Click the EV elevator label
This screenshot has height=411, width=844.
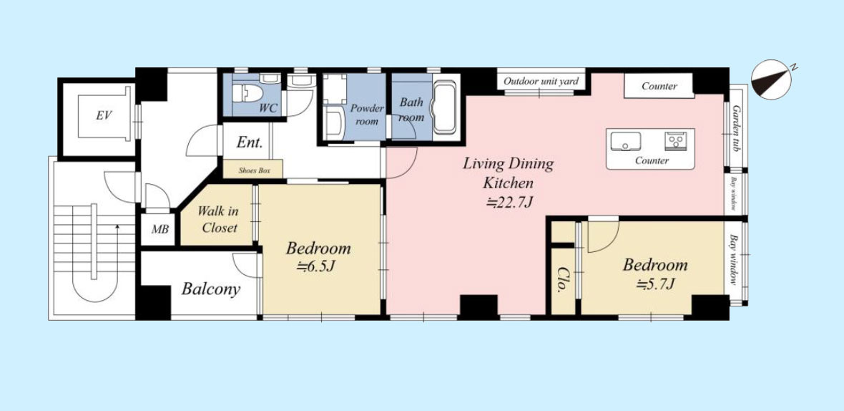coord(104,116)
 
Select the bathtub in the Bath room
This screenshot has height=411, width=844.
coord(445,107)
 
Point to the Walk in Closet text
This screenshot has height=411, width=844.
coord(220,219)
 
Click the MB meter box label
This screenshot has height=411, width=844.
coord(160,229)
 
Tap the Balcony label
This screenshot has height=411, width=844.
coord(210,289)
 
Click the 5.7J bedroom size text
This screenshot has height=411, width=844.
coord(655,284)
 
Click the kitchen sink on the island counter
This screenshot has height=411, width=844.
coord(625,141)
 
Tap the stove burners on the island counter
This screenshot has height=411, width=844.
coord(674,141)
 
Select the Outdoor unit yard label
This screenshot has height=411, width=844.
coord(541,82)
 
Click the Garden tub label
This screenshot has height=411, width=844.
coord(736,128)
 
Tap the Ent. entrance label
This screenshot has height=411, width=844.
coord(250,142)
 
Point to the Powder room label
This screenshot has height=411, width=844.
coord(366,114)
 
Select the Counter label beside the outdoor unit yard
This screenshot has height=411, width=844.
coord(659,86)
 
